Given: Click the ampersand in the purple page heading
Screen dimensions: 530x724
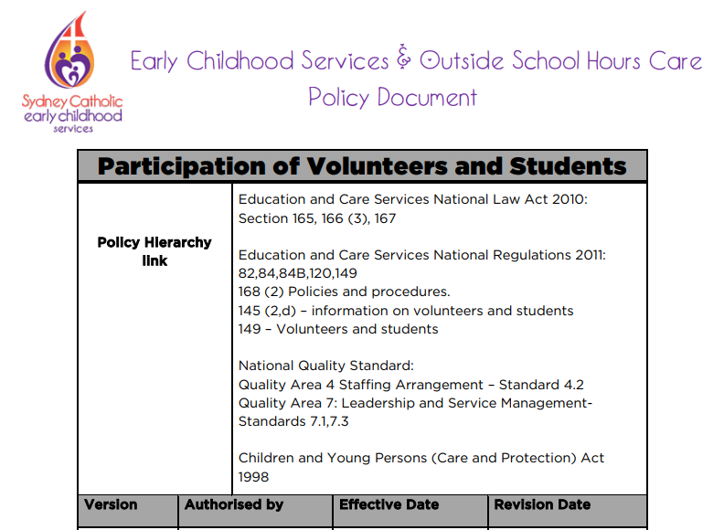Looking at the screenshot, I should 404,60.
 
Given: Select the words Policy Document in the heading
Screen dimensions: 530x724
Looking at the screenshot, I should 392,97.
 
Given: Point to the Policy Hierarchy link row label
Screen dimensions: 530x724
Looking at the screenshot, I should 154,251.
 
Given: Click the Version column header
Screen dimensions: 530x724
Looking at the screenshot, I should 112,504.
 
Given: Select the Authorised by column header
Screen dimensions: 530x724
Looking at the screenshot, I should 234,504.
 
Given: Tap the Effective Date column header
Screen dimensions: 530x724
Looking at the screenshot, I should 389,504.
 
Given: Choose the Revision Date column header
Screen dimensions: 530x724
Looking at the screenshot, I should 542,504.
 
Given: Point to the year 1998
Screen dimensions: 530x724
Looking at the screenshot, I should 254,477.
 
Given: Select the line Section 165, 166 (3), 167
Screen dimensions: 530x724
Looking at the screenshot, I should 317,218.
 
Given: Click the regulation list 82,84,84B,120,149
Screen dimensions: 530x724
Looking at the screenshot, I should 298,274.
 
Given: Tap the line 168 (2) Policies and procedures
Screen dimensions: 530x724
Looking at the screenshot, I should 344,292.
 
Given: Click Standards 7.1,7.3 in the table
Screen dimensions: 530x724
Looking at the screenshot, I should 293,421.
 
